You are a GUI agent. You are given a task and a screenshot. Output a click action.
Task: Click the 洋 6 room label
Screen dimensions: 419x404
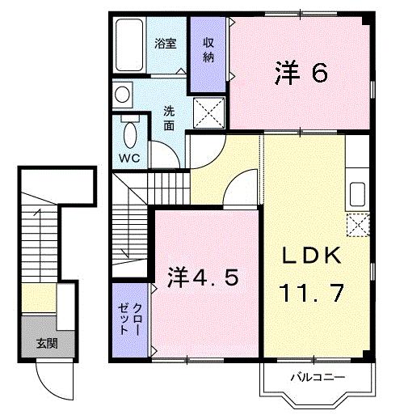(301, 74)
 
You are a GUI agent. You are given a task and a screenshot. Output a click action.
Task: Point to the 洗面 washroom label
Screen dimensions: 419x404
(169, 118)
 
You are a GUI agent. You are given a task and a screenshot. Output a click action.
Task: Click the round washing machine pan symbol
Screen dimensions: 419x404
(122, 95)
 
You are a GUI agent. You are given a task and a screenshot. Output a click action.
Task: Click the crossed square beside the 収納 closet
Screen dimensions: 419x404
(210, 111)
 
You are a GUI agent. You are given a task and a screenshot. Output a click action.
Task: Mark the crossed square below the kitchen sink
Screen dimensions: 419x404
(356, 223)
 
